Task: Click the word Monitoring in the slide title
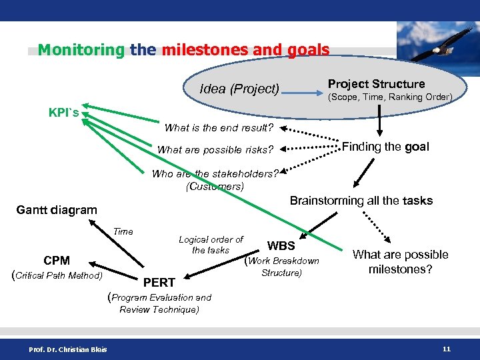pyautogui.click(x=81, y=50)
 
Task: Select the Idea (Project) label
pyautogui.click(x=239, y=89)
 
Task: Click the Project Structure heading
pyautogui.click(x=376, y=84)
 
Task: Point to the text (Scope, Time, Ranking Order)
pyautogui.click(x=389, y=97)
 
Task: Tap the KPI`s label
pyautogui.click(x=64, y=112)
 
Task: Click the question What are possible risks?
pyautogui.click(x=220, y=149)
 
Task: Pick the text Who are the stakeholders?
pyautogui.click(x=215, y=174)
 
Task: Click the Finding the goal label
pyautogui.click(x=385, y=147)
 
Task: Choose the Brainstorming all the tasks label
pyautogui.click(x=361, y=201)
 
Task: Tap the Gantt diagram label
pyautogui.click(x=57, y=210)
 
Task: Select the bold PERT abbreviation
pyautogui.click(x=160, y=283)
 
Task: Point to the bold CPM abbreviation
pyautogui.click(x=57, y=261)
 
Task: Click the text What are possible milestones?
pyautogui.click(x=400, y=261)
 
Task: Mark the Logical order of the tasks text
pyautogui.click(x=211, y=245)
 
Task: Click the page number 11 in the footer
pyautogui.click(x=446, y=349)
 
